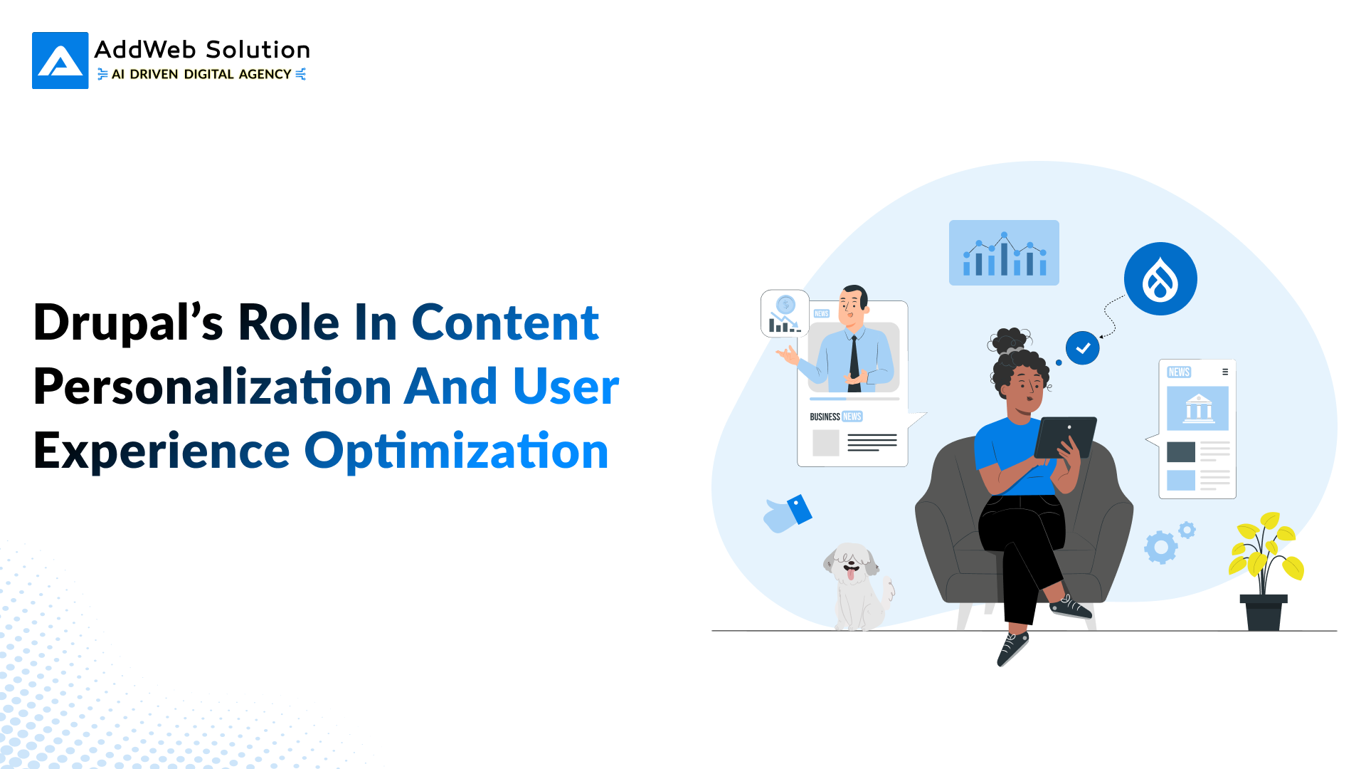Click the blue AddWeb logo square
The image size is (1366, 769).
tap(60, 61)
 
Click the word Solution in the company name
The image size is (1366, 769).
tap(258, 50)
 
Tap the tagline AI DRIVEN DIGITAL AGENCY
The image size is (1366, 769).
tap(201, 74)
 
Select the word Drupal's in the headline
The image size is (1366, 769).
tap(128, 323)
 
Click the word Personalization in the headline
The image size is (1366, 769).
tap(212, 387)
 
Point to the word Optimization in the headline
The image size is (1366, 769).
tap(456, 451)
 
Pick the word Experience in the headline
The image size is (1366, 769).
tap(162, 451)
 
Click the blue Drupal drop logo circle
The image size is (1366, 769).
tap(1160, 278)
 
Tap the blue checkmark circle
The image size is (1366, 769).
tap(1082, 348)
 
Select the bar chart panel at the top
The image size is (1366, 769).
tap(1004, 253)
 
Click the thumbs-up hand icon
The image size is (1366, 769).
tap(787, 514)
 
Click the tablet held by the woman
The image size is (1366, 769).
tap(1065, 436)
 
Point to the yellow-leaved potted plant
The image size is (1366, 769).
tap(1265, 570)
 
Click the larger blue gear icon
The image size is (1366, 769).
tap(1160, 548)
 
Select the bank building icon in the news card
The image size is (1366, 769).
tap(1198, 409)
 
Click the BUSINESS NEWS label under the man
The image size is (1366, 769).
tap(836, 417)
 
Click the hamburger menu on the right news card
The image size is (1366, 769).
tap(1225, 372)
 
